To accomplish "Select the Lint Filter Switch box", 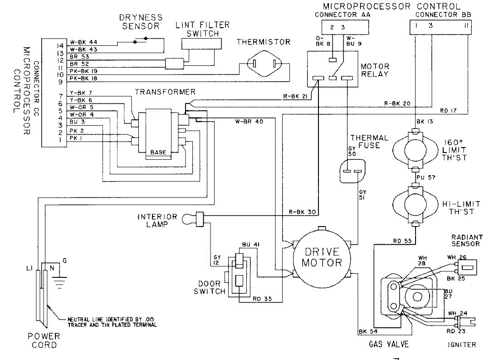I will tap(201, 43).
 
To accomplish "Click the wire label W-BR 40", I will tap(245, 121).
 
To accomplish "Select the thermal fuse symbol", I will tap(352, 171).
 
